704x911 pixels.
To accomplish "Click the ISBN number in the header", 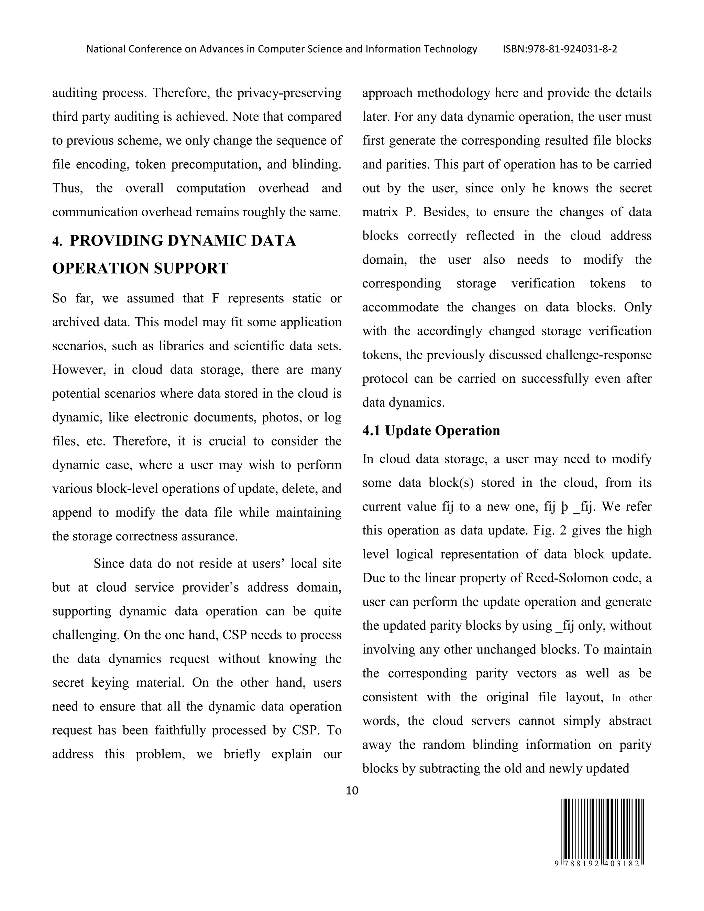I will pos(560,49).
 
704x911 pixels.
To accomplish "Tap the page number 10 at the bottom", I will pos(352,790).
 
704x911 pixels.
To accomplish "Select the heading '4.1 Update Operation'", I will pos(431,430).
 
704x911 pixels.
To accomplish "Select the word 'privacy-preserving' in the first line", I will pos(289,92).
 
